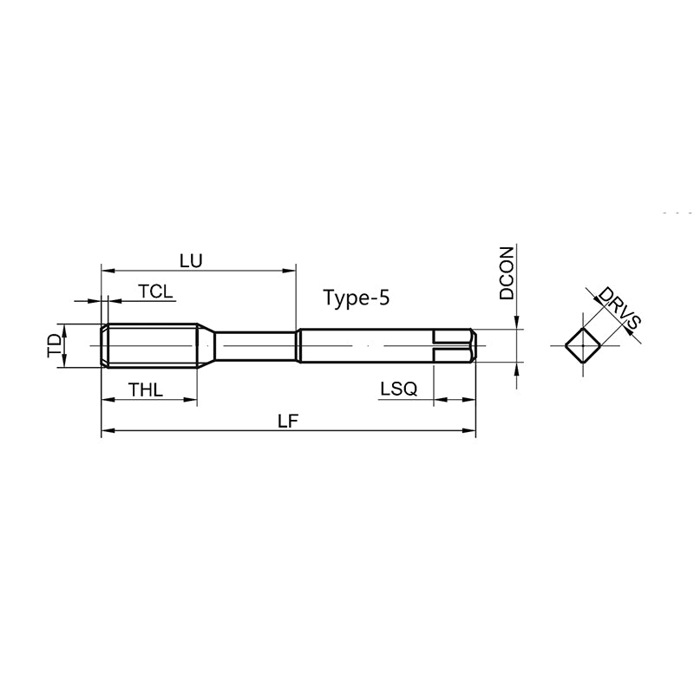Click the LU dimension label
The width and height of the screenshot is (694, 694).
[x=191, y=261]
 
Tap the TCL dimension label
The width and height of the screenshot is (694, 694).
[x=155, y=291]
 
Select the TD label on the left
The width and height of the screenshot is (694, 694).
[x=55, y=345]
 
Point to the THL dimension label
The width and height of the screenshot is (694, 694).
[x=146, y=390]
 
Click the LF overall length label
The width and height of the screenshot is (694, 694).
[x=288, y=421]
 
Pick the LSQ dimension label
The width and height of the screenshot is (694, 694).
[x=399, y=389]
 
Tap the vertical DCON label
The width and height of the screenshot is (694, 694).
[x=507, y=273]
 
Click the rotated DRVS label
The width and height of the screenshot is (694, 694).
[x=619, y=308]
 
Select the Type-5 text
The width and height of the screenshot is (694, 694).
[x=357, y=298]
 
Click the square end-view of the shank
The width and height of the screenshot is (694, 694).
[x=583, y=345]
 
